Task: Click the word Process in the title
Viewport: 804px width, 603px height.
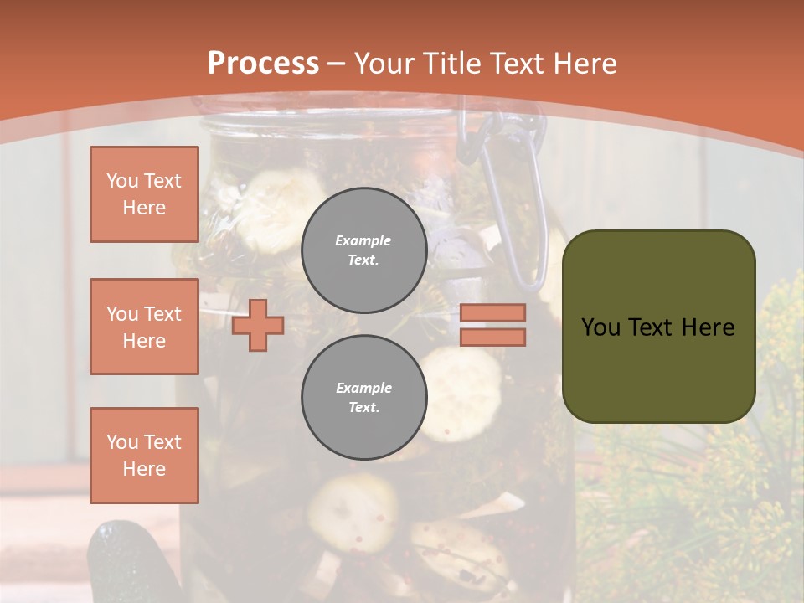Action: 263,63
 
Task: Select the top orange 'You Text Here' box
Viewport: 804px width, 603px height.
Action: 144,194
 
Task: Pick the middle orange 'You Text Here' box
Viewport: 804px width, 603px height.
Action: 144,327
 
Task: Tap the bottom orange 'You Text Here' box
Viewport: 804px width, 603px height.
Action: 144,456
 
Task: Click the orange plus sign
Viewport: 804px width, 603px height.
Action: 258,325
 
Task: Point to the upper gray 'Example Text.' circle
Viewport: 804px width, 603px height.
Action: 364,250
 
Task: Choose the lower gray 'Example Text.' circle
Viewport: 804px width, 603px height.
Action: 364,398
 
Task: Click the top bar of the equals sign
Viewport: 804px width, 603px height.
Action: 492,312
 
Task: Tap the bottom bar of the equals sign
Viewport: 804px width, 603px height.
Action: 492,337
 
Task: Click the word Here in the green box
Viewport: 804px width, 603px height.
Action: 708,327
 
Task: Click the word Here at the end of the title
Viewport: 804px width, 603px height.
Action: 585,63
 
